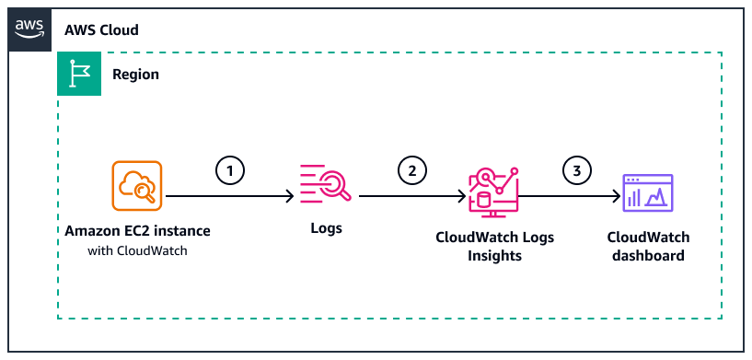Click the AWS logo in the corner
click(x=31, y=29)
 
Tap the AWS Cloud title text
click(x=101, y=30)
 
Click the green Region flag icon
click(x=80, y=75)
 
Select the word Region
click(x=135, y=75)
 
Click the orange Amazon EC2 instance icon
click(x=136, y=185)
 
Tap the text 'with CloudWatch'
click(x=136, y=250)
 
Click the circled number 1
click(x=229, y=170)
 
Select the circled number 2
click(x=412, y=170)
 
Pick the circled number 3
click(x=576, y=170)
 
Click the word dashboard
click(x=648, y=255)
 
